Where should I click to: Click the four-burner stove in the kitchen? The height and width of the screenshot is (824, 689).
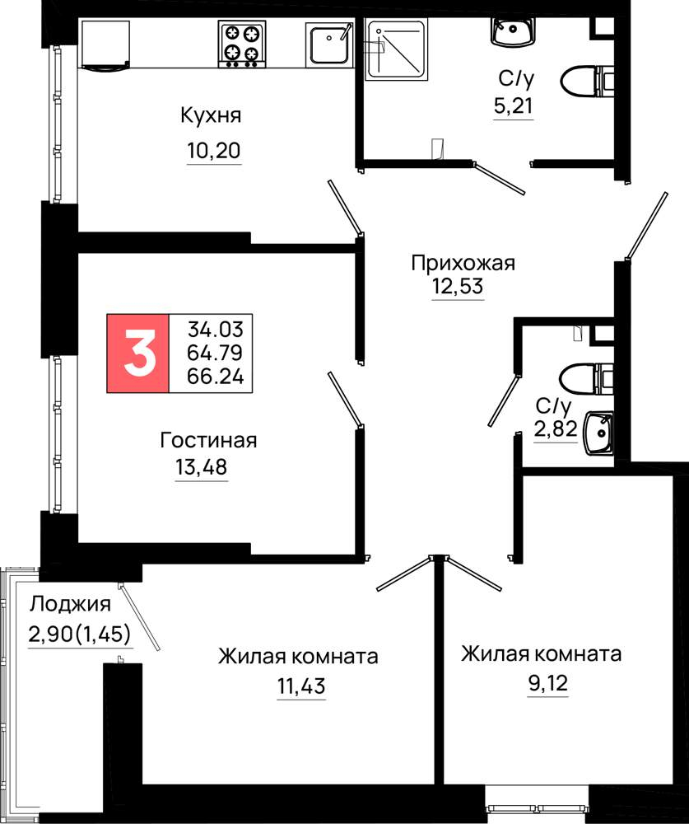point(242,44)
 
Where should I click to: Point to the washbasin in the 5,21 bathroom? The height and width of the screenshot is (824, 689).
point(513,31)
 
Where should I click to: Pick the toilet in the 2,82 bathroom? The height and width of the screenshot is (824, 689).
point(587,378)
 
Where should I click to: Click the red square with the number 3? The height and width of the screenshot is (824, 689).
point(138,353)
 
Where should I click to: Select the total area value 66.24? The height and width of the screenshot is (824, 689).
point(216,377)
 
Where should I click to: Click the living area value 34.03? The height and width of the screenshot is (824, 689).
point(216,330)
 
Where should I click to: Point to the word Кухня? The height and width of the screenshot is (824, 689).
point(211,115)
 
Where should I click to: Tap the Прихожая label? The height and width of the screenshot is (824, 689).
point(463,262)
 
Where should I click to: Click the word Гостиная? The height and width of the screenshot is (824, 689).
point(208,440)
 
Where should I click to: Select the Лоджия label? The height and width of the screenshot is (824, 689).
point(70,605)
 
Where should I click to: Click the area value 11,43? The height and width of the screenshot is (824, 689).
point(301,686)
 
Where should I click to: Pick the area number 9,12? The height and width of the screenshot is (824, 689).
point(548,683)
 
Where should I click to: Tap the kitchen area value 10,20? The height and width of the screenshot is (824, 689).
point(214,151)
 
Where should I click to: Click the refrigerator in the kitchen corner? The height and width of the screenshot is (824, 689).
point(105,45)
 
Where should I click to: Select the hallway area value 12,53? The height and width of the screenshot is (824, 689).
point(458,287)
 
